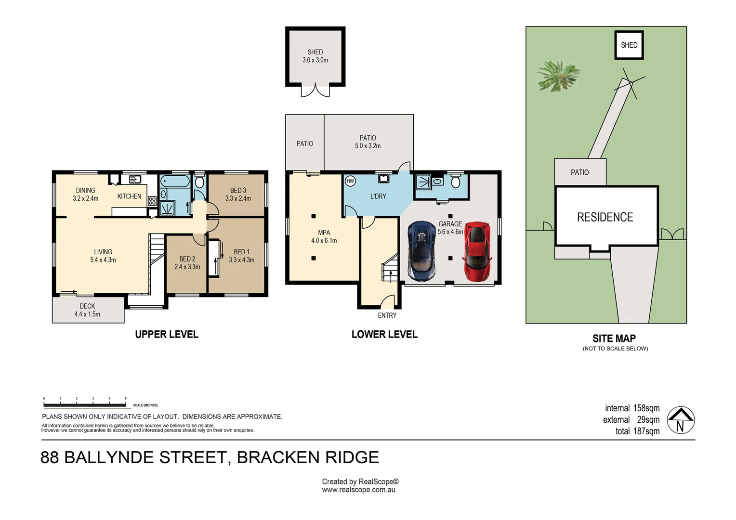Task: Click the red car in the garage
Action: [477, 252]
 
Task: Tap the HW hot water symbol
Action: [350, 181]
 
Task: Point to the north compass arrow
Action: [680, 420]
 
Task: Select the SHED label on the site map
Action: [629, 45]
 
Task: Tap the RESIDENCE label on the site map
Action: [605, 217]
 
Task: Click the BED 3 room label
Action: [238, 194]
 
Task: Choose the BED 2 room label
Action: [187, 263]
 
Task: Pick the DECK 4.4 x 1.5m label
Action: [87, 310]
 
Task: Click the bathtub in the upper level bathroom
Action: [174, 182]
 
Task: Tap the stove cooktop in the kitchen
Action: [152, 201]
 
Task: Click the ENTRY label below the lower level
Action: [387, 315]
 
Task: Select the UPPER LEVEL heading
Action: [167, 334]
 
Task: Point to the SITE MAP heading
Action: [614, 338]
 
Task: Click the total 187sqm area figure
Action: [637, 431]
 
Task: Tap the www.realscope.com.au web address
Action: [358, 490]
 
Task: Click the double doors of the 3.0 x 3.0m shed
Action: [315, 91]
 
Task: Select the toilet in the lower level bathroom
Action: [456, 182]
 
